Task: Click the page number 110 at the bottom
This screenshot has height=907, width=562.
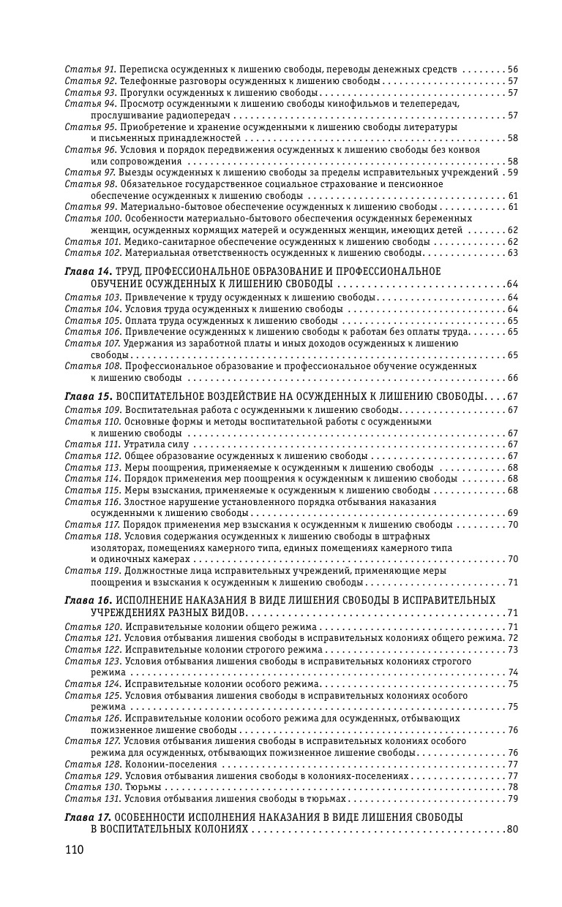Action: pos(75,850)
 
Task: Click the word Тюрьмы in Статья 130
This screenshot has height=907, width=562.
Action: pos(143,786)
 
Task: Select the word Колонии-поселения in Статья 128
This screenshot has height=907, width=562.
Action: pos(171,764)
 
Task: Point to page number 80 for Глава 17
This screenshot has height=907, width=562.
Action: pos(512,830)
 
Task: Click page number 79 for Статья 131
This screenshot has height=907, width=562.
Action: pos(512,798)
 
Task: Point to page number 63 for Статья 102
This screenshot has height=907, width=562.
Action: pos(512,253)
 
